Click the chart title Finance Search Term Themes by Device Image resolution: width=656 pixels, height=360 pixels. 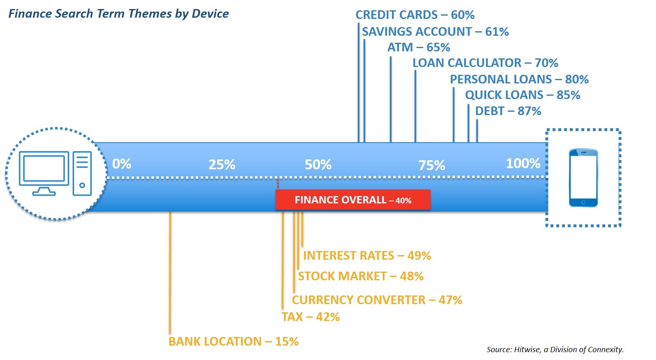[118, 14]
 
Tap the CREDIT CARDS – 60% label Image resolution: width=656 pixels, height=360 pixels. [415, 15]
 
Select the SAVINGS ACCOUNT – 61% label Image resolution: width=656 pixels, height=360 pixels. [436, 32]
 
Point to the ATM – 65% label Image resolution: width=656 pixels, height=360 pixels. [419, 47]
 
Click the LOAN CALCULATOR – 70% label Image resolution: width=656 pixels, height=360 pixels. [485, 63]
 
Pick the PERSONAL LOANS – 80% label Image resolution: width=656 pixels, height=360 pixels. [519, 79]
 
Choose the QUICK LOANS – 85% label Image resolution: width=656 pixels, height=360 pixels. [523, 95]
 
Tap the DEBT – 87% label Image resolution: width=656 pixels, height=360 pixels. [508, 111]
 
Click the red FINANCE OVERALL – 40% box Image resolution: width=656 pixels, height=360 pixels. [353, 200]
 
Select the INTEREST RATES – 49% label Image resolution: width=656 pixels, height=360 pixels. [367, 256]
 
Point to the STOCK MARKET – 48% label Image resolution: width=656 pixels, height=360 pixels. [361, 276]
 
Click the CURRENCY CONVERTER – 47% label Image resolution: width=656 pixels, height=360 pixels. [377, 300]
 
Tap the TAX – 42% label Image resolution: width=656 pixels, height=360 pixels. [311, 317]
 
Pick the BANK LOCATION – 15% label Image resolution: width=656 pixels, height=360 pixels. [234, 341]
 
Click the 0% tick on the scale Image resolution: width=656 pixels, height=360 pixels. [122, 164]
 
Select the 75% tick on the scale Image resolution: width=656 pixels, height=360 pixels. [432, 165]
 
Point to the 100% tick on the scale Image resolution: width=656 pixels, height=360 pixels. [523, 163]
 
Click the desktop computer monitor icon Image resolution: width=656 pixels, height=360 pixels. [44, 173]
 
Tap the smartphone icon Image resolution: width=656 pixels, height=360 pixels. [583, 178]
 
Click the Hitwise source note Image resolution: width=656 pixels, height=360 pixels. [555, 349]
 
